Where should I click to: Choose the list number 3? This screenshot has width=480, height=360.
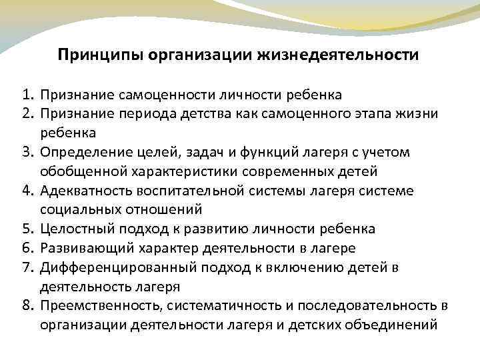tap(26, 152)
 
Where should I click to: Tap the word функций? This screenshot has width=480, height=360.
tap(245, 152)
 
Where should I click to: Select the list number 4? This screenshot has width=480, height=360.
tap(26, 191)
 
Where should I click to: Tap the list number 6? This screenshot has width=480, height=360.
tap(26, 249)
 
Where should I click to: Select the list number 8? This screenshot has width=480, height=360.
tap(26, 306)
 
